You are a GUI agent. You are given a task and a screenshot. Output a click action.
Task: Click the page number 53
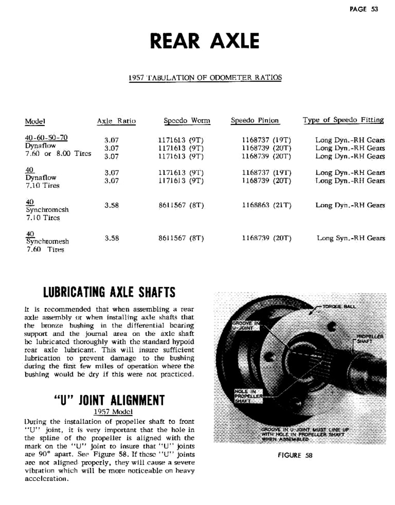374,9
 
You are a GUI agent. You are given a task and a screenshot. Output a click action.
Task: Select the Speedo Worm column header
187,121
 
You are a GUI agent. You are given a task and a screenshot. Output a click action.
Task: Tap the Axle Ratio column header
116,121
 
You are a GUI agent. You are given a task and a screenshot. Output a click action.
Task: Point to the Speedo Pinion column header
255,120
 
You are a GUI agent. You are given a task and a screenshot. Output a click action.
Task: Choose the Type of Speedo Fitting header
343,120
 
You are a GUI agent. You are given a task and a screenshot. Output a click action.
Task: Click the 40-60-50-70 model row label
46,138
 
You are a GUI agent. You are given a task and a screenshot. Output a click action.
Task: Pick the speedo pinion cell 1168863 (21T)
266,205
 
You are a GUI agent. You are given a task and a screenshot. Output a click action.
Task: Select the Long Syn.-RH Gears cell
351,238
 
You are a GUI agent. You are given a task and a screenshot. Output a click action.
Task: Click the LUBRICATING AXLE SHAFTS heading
109,292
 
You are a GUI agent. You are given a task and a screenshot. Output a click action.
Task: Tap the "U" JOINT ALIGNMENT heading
109,400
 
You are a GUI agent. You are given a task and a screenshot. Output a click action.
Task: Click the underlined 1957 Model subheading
113,411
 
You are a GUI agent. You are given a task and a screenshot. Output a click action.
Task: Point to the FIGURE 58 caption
295,455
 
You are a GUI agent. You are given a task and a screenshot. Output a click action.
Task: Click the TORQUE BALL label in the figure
339,307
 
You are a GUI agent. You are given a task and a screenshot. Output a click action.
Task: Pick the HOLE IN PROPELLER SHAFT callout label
248,396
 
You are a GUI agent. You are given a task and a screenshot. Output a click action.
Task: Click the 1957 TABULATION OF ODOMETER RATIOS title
205,77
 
